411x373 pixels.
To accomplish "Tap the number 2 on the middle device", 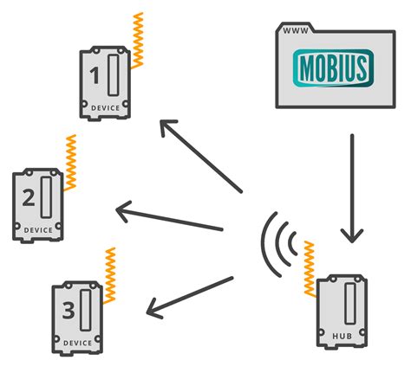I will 28,199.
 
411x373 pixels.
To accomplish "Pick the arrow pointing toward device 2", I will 169,218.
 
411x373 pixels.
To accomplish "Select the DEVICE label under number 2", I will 37,230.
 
